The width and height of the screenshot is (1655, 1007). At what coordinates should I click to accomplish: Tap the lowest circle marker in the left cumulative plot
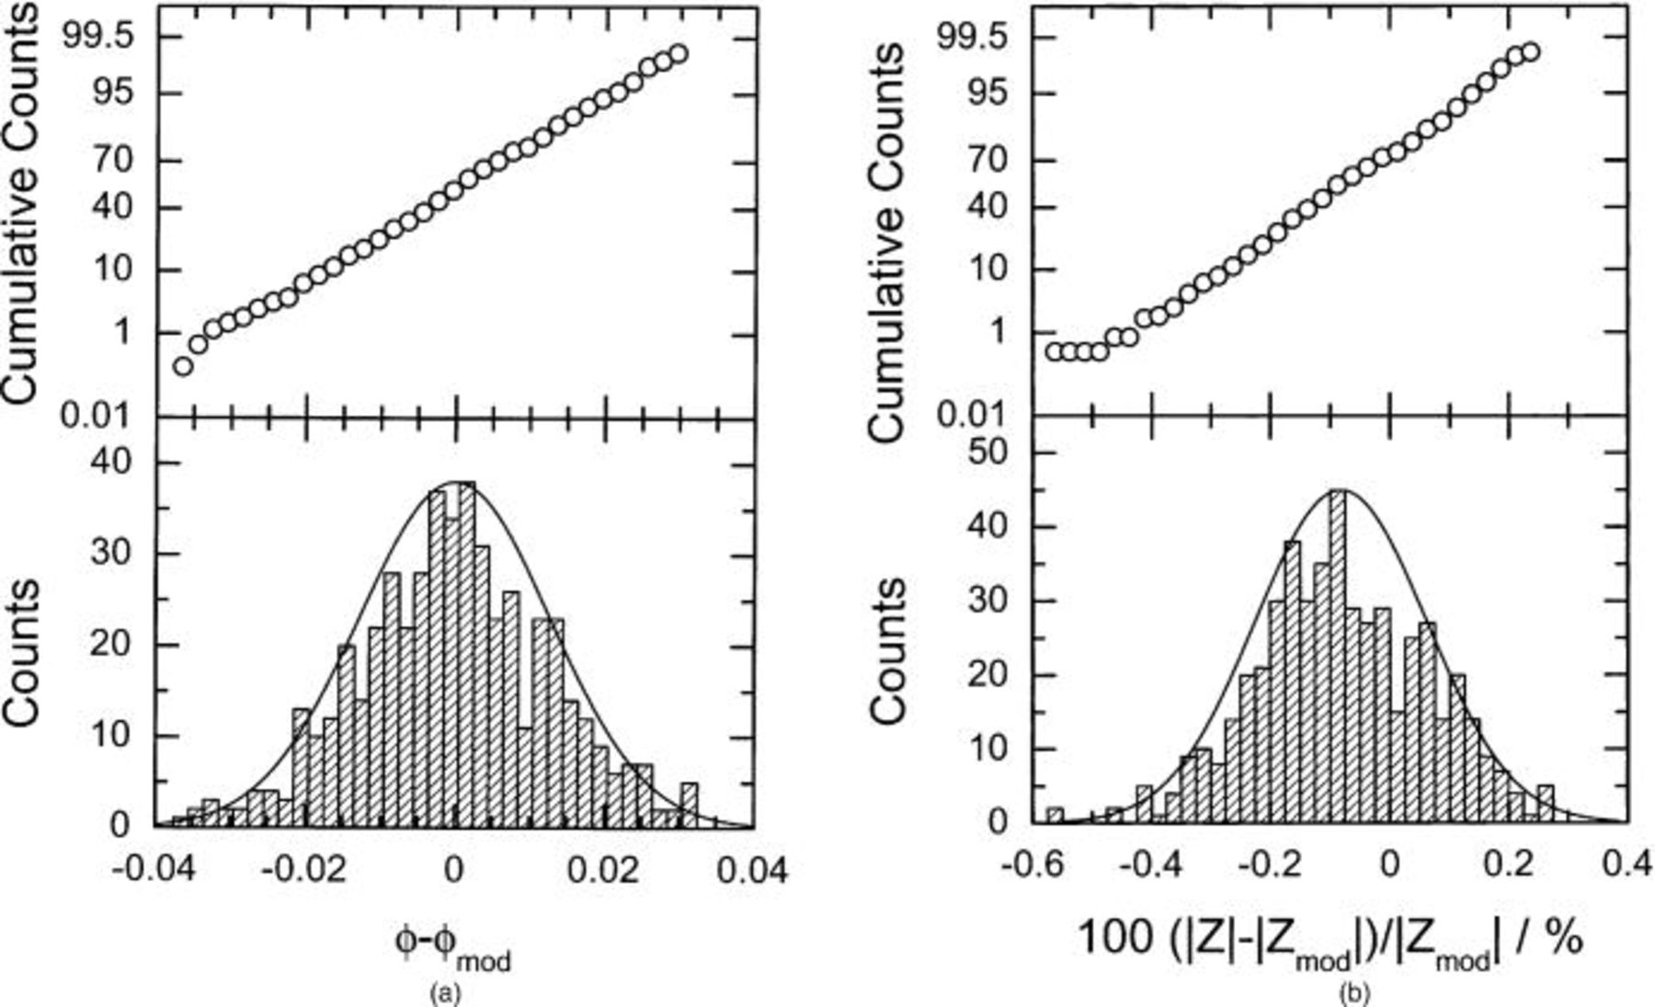pos(183,366)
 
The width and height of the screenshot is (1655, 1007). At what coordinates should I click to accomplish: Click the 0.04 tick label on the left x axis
pos(753,868)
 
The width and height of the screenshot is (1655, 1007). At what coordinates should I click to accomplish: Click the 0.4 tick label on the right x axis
pos(1623,865)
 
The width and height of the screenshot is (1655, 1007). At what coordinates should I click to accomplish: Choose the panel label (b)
pos(1353,992)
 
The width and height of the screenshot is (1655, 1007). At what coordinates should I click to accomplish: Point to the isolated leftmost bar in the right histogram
pos(1055,816)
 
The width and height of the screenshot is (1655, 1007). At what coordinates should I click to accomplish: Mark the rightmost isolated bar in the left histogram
pos(690,805)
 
